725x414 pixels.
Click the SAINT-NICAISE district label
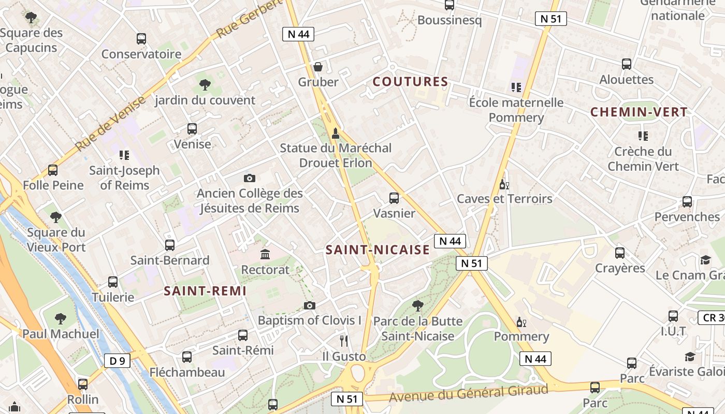pos(378,250)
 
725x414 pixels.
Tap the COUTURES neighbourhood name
pos(410,82)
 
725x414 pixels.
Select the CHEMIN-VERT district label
pos(639,112)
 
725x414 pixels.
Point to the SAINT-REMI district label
pos(205,291)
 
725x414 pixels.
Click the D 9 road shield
pos(118,361)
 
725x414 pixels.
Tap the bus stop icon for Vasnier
pos(394,198)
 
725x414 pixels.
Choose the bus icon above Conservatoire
pos(141,39)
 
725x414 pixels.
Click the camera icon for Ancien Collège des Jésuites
pos(249,179)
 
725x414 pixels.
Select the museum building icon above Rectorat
pos(266,255)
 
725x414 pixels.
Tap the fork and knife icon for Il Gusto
pos(344,341)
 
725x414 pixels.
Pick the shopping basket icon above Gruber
pos(318,67)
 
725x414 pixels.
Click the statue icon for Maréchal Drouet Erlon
pos(336,134)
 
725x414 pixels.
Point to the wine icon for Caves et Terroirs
pos(504,184)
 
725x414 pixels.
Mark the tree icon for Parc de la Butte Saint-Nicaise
pos(417,306)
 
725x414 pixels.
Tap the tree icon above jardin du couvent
pos(205,85)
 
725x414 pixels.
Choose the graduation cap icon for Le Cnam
pos(705,260)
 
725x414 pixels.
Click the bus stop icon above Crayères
pos(620,253)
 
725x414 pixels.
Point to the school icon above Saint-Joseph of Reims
pos(124,155)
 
